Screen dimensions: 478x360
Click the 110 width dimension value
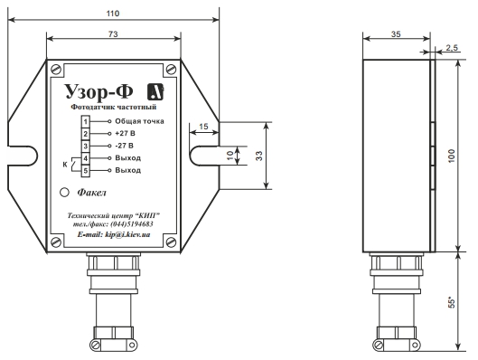pos(113,14)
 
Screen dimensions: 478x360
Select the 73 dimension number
pos(113,33)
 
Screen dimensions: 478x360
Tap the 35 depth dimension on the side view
pos(396,34)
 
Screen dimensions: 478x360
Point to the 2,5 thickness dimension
pos(452,48)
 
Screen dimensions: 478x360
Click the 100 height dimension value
pos(452,156)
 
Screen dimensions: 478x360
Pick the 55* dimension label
pos(452,302)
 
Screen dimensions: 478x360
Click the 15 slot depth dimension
pos(203,127)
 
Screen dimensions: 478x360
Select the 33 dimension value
pos(258,156)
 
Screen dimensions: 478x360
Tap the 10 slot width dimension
pos(230,156)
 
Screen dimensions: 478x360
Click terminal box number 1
pos(85,122)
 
